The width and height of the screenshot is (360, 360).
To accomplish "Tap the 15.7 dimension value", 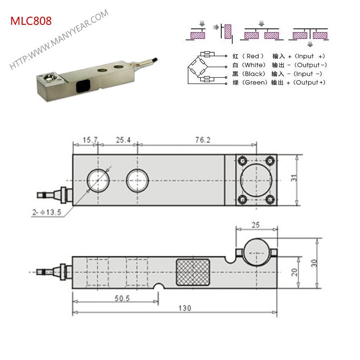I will coord(89,140).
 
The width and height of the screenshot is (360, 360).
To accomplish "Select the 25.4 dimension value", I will coord(123,140).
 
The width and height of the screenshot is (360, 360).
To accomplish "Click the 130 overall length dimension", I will coord(184,308).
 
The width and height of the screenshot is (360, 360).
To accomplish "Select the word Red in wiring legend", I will coord(252,57).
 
